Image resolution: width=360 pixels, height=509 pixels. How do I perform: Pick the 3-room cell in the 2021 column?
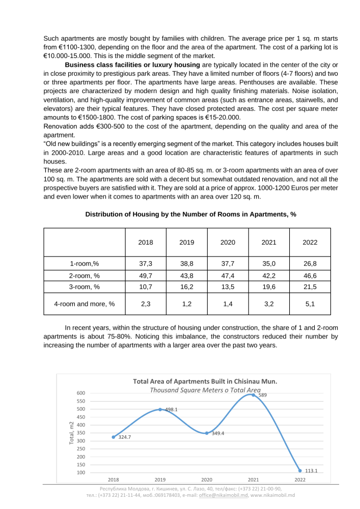(x=269, y=287)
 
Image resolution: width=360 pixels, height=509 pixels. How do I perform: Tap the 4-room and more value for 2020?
(x=228, y=304)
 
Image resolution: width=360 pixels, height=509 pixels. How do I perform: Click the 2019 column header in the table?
(x=186, y=243)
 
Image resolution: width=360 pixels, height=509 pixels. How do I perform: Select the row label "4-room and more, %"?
(x=85, y=304)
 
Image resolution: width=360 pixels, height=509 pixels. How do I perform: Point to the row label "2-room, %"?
(x=85, y=275)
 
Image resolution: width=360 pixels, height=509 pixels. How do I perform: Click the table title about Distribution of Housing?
(x=190, y=215)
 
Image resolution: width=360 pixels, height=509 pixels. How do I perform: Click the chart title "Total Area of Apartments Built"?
(x=205, y=381)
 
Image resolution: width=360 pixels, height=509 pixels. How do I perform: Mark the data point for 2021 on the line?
(x=253, y=395)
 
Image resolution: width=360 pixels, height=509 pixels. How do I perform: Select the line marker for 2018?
(x=114, y=437)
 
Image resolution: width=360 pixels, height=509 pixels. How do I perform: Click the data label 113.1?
(x=311, y=471)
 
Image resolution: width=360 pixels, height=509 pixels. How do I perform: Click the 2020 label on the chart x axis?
(x=207, y=479)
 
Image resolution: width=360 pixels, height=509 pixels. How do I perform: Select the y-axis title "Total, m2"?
(x=72, y=433)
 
